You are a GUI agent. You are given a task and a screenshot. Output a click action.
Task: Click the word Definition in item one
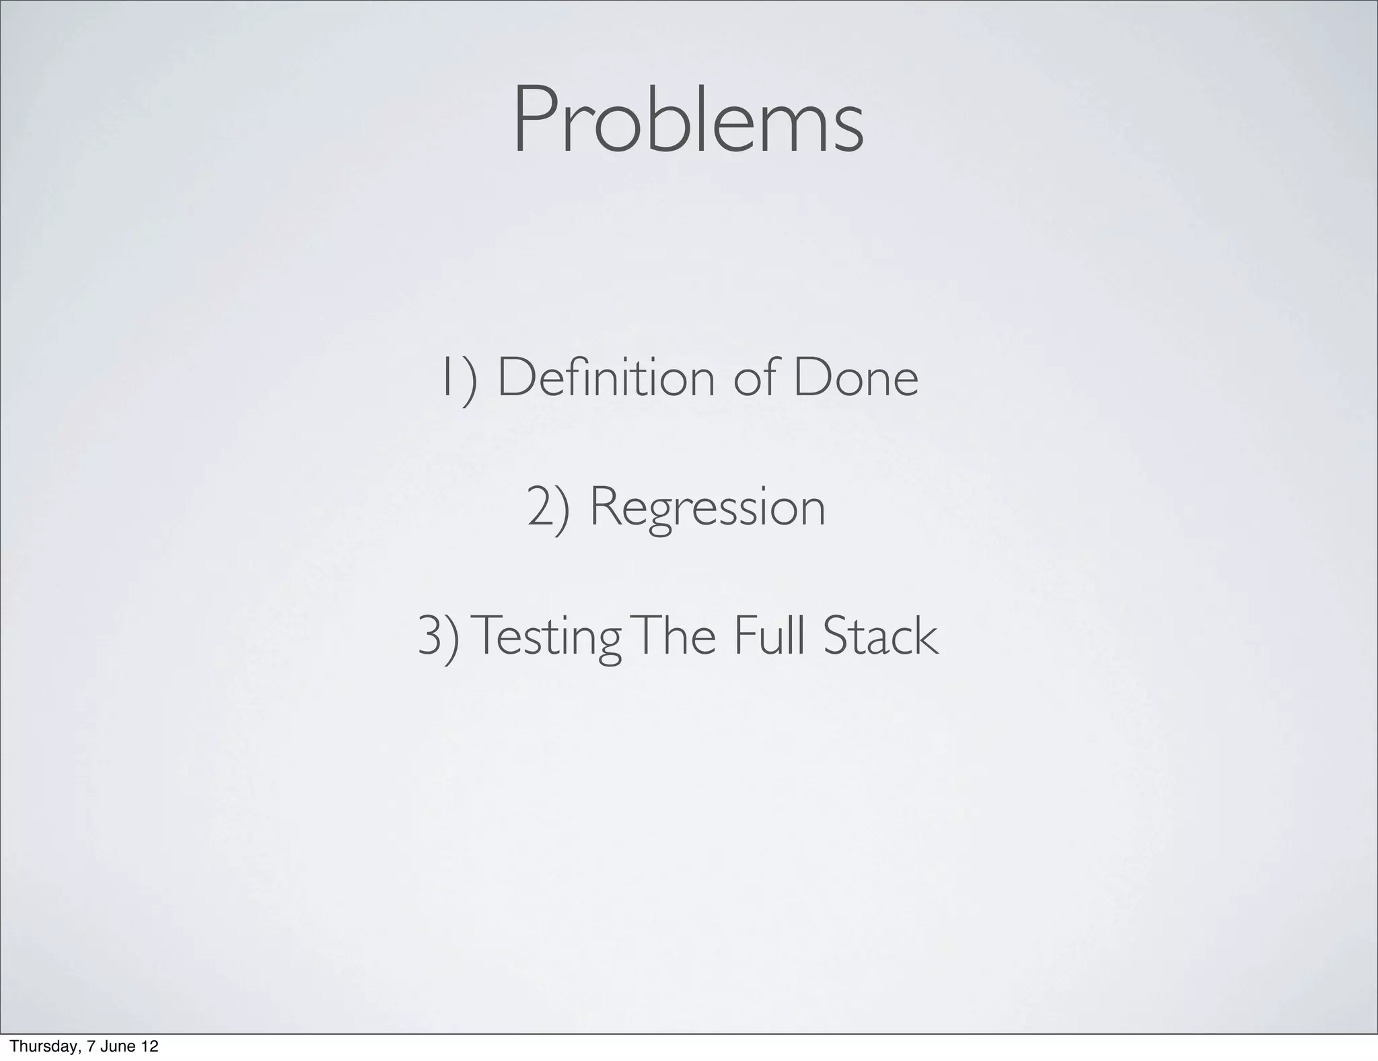point(606,378)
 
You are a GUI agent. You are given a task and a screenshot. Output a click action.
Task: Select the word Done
point(855,378)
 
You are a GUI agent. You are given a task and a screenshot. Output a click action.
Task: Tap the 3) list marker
point(439,637)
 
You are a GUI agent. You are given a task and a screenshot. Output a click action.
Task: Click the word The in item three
point(674,637)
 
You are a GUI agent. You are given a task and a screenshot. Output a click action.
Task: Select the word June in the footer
point(115,1046)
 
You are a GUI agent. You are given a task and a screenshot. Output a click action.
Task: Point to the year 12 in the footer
point(149,1046)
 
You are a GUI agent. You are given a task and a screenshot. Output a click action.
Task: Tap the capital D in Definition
point(513,378)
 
